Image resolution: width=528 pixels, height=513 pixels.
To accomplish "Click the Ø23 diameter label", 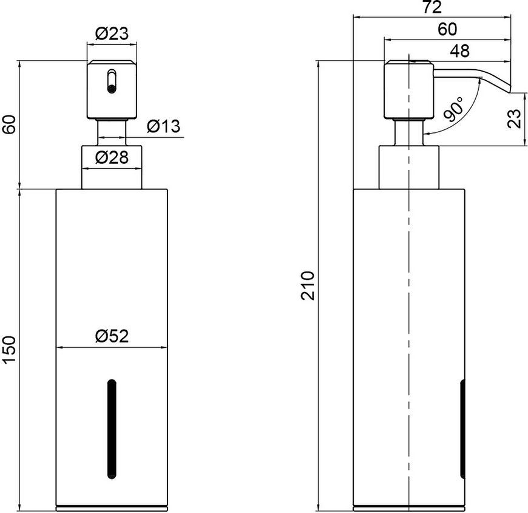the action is (x=112, y=33).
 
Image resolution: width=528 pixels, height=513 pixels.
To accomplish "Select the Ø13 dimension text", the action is (x=164, y=126).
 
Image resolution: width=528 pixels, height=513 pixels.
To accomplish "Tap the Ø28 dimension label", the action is (x=112, y=157).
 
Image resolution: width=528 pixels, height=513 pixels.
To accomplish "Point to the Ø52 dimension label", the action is (x=112, y=336).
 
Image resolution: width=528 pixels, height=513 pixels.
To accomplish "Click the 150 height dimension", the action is (x=10, y=350).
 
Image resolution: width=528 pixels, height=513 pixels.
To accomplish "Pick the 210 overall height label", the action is (x=308, y=285).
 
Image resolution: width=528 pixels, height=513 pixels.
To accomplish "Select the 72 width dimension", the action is (x=432, y=7).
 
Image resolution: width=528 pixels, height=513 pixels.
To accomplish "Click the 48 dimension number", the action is (x=459, y=50).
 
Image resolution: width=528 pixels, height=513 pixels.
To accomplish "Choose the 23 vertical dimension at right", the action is (x=514, y=118).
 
